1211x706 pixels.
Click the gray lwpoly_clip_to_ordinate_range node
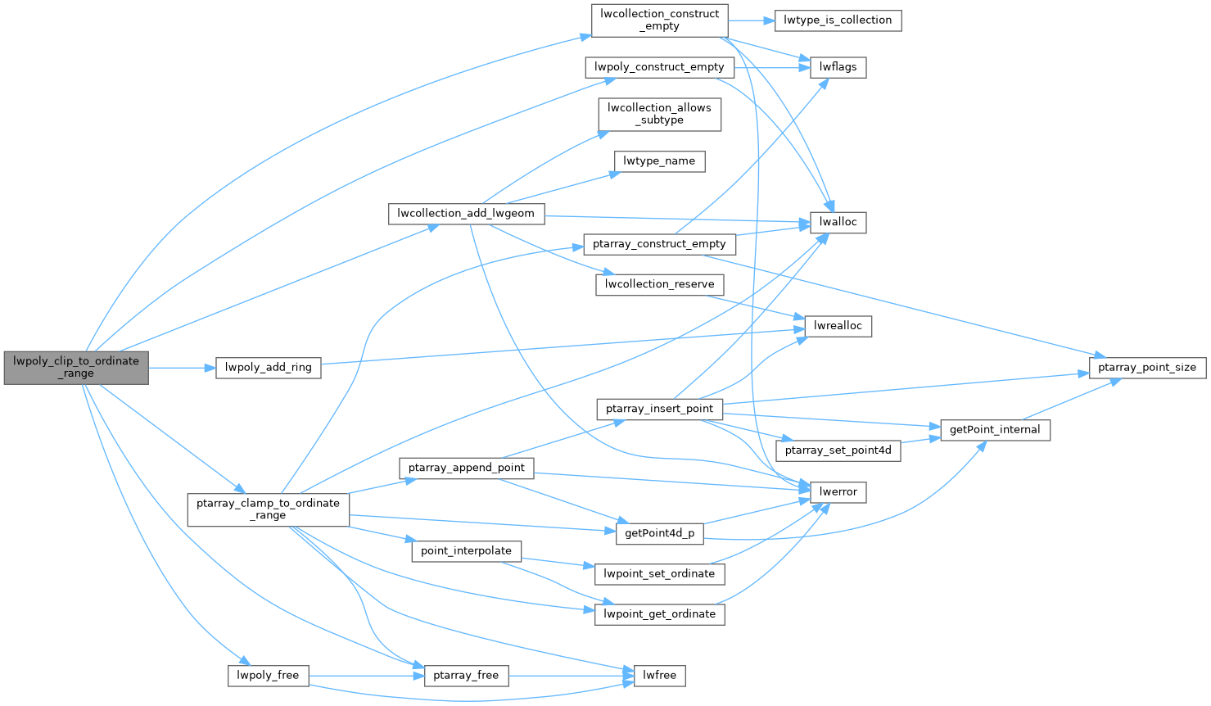pyautogui.click(x=75, y=367)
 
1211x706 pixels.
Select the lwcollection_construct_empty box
pyautogui.click(x=659, y=20)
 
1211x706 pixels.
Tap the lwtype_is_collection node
pyautogui.click(x=838, y=20)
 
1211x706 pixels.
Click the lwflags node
pyautogui.click(x=838, y=67)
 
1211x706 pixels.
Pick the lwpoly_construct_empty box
pyautogui.click(x=659, y=67)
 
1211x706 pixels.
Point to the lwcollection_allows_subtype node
pyautogui.click(x=659, y=114)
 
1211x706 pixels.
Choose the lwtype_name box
pyautogui.click(x=659, y=161)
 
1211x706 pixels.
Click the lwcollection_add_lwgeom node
pyautogui.click(x=465, y=214)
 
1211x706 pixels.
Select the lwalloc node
pyautogui.click(x=838, y=222)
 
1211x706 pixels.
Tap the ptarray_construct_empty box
pyautogui.click(x=659, y=244)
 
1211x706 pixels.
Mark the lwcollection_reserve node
pyautogui.click(x=659, y=284)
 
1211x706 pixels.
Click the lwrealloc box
pyautogui.click(x=838, y=326)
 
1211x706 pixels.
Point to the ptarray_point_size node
pyautogui.click(x=1146, y=368)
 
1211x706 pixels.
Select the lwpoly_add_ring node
pyautogui.click(x=268, y=368)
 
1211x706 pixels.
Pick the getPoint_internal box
pyautogui.click(x=995, y=429)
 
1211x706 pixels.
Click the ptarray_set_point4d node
pyautogui.click(x=838, y=450)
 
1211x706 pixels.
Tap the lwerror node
pyautogui.click(x=838, y=492)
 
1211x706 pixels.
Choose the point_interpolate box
pyautogui.click(x=466, y=550)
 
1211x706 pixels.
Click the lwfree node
pyautogui.click(x=659, y=676)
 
